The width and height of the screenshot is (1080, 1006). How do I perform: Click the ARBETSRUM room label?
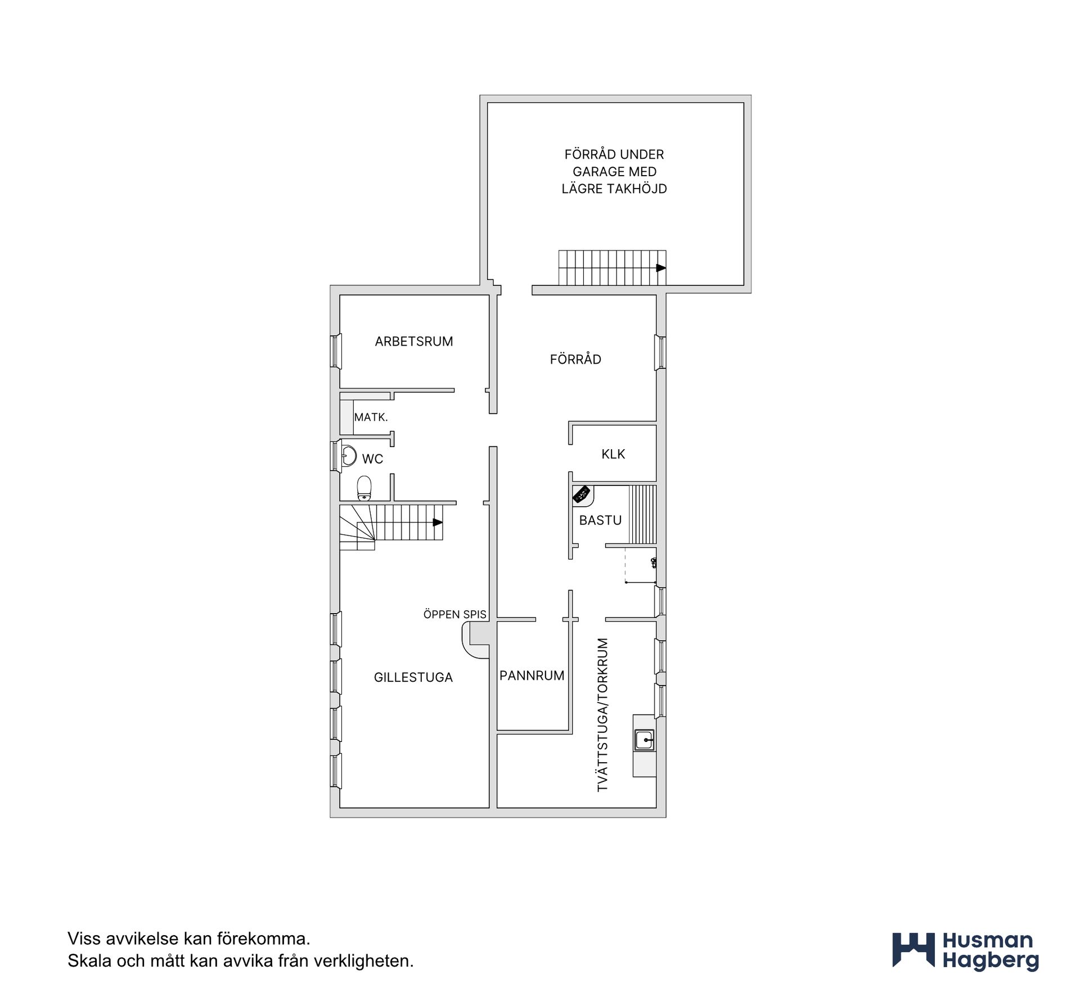pos(414,341)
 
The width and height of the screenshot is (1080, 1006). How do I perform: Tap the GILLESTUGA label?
pos(413,677)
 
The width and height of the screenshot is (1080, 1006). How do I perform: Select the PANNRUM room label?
pos(532,675)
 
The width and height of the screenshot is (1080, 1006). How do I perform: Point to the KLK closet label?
pos(613,454)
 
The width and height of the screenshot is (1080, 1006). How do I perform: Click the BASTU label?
pos(600,520)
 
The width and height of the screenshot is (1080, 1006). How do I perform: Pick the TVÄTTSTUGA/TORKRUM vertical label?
pos(603,715)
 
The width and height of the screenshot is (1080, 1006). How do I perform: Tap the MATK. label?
pos(371,417)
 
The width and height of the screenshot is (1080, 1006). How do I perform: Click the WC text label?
pos(372,459)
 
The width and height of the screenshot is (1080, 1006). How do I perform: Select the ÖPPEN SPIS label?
pos(454,614)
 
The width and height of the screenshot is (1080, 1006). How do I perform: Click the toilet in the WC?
pos(364,488)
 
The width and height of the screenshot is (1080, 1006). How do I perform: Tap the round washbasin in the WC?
pos(349,455)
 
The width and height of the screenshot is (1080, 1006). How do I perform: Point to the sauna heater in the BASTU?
pos(582,494)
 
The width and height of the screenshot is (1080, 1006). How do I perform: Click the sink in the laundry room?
pos(644,740)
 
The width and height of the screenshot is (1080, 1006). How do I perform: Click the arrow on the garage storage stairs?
pos(661,268)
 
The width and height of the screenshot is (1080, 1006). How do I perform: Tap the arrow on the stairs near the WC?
pos(437,522)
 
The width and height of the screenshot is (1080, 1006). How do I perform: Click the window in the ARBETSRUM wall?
pos(336,351)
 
